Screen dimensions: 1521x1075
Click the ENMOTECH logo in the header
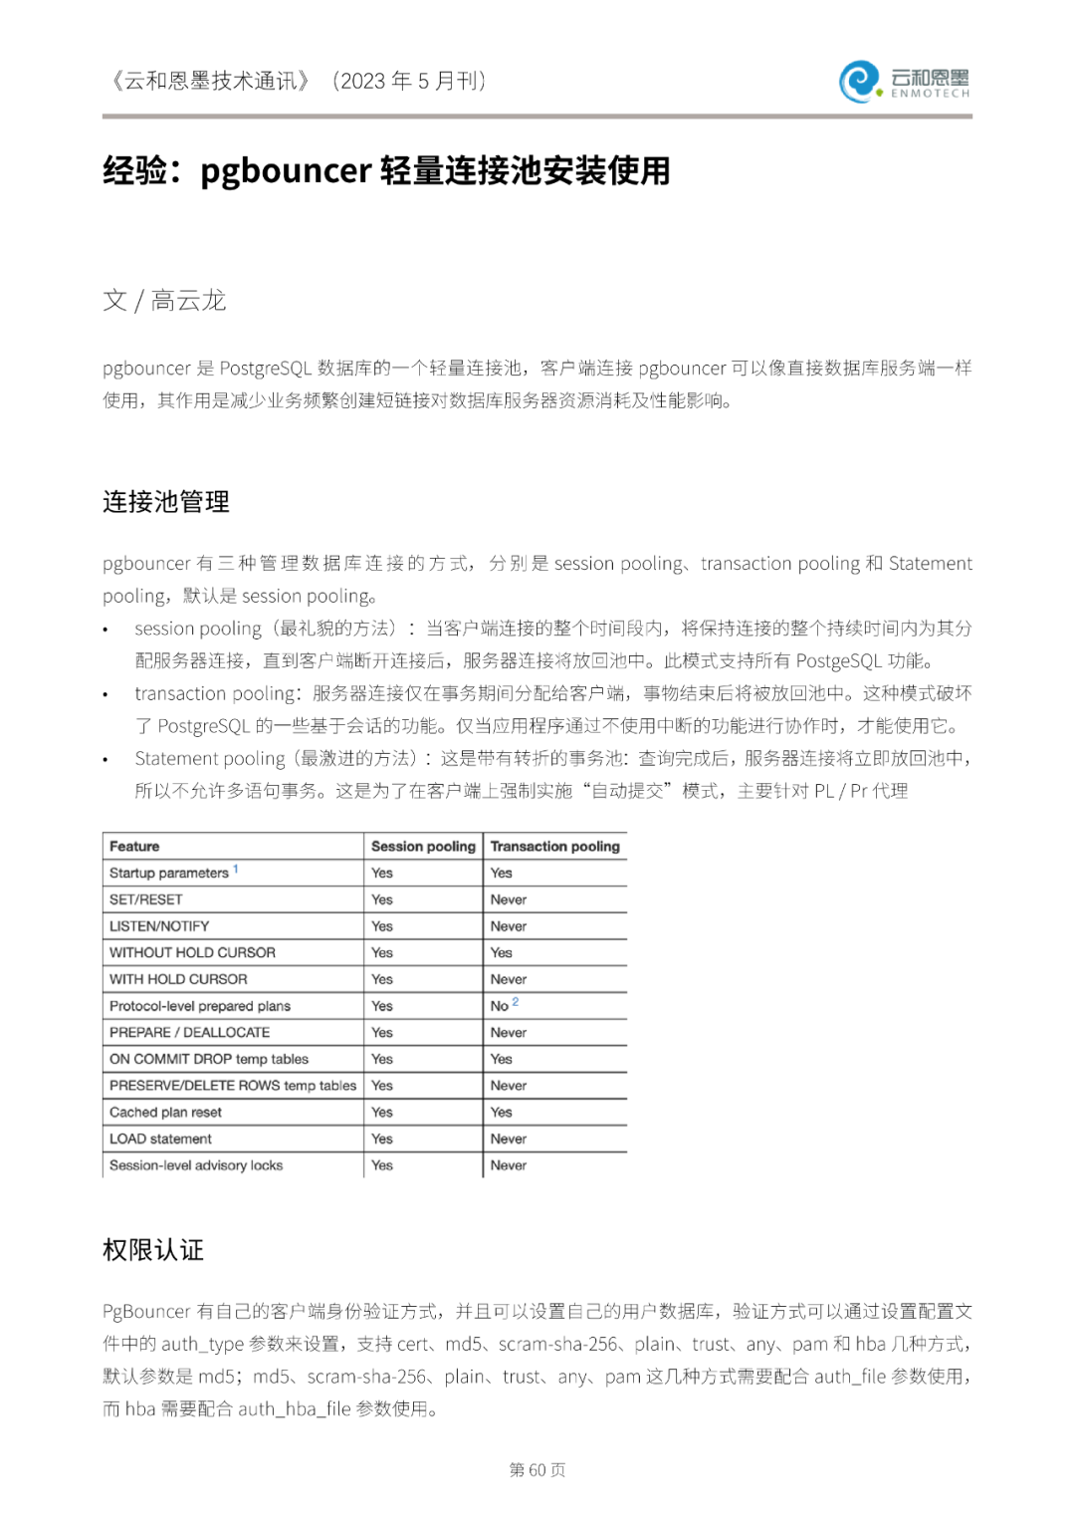(x=904, y=82)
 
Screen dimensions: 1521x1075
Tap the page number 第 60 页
(x=537, y=1469)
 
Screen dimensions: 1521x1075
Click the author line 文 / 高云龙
(x=164, y=300)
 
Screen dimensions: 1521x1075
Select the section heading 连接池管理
(x=166, y=501)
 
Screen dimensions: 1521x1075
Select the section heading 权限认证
(x=153, y=1250)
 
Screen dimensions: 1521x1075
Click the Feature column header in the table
(x=134, y=846)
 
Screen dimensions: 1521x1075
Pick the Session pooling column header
(x=423, y=846)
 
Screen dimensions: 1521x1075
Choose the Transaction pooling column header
(x=554, y=846)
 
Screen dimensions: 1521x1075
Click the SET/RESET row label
(x=146, y=899)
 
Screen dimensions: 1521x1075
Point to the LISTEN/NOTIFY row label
(x=159, y=926)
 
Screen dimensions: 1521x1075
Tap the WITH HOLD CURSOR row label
(x=178, y=979)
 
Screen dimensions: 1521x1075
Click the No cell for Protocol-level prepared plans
(x=500, y=1006)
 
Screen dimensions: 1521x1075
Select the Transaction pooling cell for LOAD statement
(x=509, y=1139)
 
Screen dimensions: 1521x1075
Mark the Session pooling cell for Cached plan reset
(x=382, y=1112)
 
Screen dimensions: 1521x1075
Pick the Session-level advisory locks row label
(x=196, y=1165)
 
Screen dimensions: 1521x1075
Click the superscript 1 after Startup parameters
(x=236, y=870)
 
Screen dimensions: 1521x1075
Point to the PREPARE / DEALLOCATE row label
(x=189, y=1033)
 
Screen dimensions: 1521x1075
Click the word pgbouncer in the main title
(x=286, y=171)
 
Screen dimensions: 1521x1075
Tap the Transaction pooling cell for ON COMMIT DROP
(x=502, y=1059)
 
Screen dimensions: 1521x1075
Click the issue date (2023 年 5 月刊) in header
(x=409, y=81)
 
